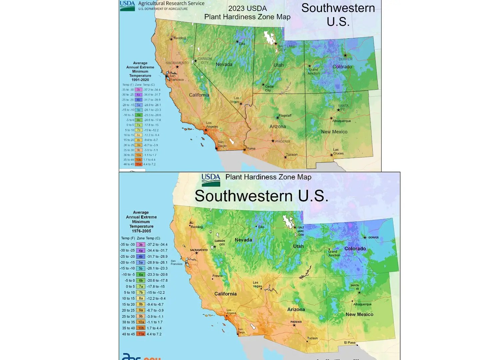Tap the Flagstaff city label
coord(285,115)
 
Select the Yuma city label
coord(251,148)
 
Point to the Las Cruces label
coord(338,152)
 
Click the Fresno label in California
coord(217,276)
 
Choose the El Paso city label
coord(350,342)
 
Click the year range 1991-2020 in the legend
coord(140,80)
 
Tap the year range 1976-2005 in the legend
coord(141,231)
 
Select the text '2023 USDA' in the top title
coord(247,8)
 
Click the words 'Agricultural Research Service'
coord(171,3)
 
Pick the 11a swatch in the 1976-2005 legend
coord(141,334)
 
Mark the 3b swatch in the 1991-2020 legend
coord(138,90)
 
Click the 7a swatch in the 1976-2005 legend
coord(141,286)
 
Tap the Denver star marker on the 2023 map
coord(345,55)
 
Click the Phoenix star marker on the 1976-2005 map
coord(294,325)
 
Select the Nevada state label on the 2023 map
coord(224,64)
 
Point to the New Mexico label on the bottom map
coord(359,314)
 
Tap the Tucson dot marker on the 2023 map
coord(285,157)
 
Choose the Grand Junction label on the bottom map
coord(334,253)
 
